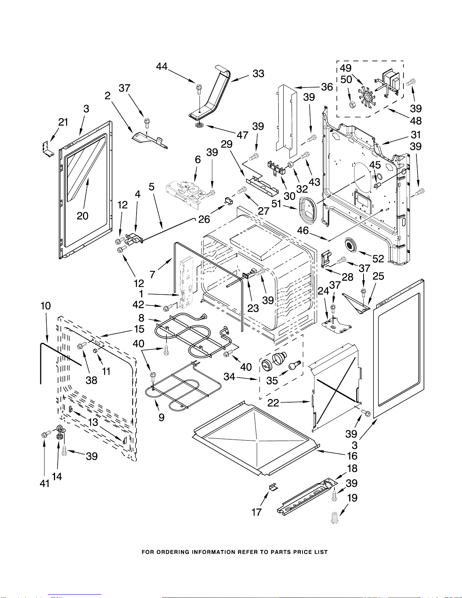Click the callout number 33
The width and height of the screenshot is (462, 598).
(x=258, y=74)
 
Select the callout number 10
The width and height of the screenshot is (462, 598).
(x=46, y=306)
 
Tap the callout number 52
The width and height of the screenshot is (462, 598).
(x=378, y=258)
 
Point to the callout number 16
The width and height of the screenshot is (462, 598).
(x=352, y=456)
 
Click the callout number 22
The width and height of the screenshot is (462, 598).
(x=273, y=403)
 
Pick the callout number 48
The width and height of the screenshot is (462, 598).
(x=416, y=121)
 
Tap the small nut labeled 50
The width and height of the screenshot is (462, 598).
(x=351, y=104)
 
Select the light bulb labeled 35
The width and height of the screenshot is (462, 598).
(x=294, y=366)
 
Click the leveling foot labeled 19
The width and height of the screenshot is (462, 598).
(x=334, y=517)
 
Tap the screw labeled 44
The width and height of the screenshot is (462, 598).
(x=199, y=89)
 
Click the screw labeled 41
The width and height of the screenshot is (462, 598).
(x=46, y=435)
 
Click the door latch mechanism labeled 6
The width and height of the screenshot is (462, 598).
(x=184, y=192)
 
